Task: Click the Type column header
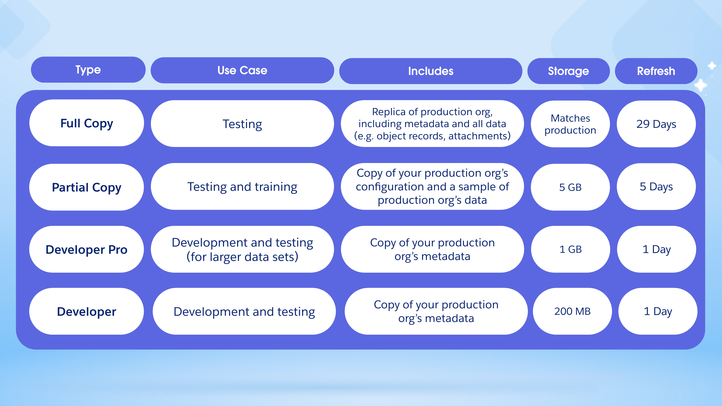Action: click(88, 69)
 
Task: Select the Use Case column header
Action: click(242, 70)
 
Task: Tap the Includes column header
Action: click(430, 71)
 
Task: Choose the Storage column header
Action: click(568, 71)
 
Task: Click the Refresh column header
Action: click(656, 71)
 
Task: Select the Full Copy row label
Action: click(87, 123)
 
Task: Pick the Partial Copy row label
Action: click(87, 187)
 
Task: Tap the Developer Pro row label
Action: click(87, 249)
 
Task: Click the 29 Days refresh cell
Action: click(656, 124)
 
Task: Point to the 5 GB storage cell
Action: click(570, 187)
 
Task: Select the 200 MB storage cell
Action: click(572, 311)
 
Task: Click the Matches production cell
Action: click(570, 124)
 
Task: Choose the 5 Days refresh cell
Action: click(656, 186)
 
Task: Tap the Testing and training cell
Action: click(242, 186)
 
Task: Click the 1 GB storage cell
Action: click(570, 249)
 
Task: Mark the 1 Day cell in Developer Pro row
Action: click(656, 249)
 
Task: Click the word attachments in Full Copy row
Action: click(479, 136)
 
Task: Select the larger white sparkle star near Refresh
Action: click(701, 85)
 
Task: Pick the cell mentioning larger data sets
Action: click(242, 249)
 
